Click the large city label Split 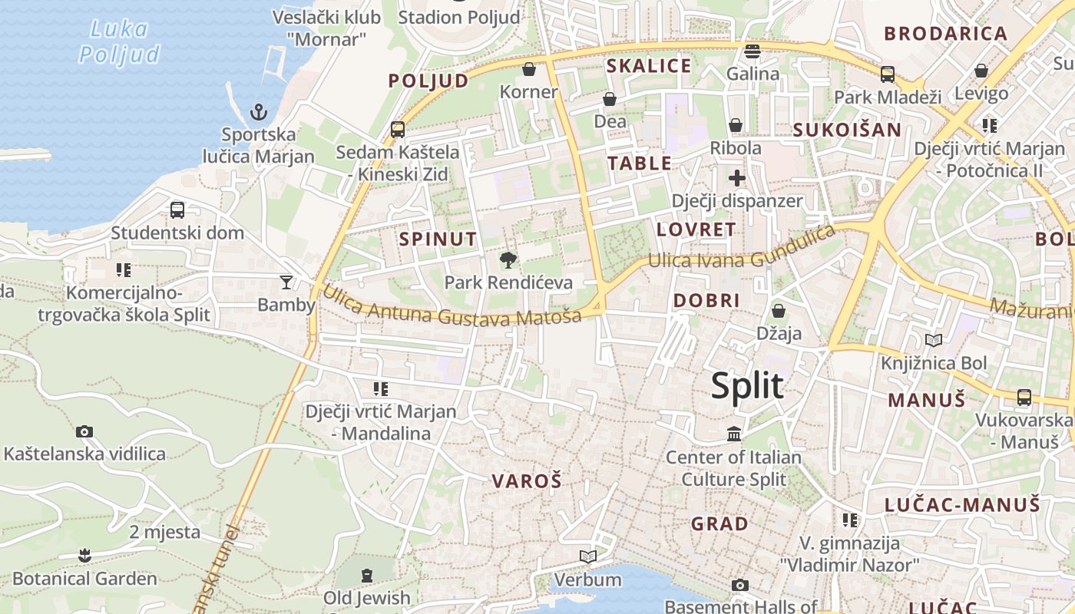point(747,386)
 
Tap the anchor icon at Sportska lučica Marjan point(259,113)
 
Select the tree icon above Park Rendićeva point(508,260)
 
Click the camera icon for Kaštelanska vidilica point(84,432)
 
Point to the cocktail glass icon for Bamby point(286,282)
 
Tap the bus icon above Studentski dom point(177,210)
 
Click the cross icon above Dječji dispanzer point(737,179)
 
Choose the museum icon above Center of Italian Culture point(734,434)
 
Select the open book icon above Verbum point(588,556)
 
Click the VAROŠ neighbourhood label point(527,481)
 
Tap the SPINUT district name point(438,239)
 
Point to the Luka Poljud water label point(119,41)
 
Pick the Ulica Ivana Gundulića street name point(741,249)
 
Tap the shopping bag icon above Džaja point(779,311)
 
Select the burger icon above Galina point(752,51)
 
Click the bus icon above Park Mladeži point(887,74)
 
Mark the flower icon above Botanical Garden point(84,555)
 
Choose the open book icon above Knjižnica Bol point(934,340)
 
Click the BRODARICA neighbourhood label point(945,34)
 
